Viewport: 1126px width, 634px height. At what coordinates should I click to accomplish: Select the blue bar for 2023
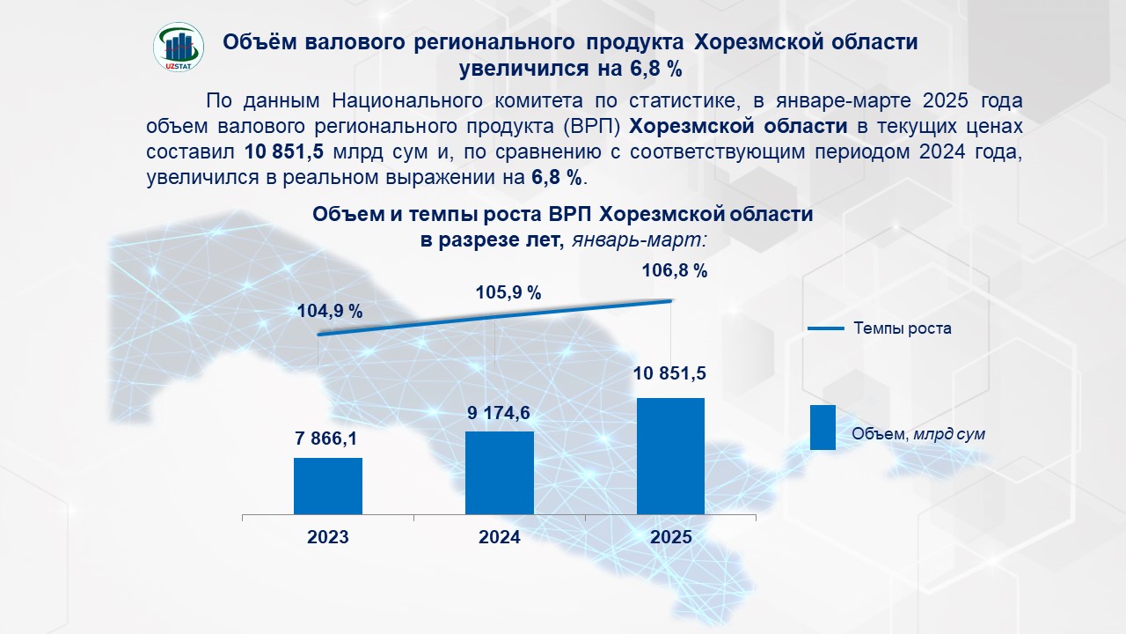point(328,485)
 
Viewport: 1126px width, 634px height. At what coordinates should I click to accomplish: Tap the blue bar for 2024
point(500,472)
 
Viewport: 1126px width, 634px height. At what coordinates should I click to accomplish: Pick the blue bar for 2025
point(671,455)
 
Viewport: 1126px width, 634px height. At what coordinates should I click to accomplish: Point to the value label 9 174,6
point(498,411)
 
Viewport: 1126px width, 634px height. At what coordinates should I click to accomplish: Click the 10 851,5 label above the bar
point(670,373)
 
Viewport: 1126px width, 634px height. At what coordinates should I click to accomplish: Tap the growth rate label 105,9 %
point(508,292)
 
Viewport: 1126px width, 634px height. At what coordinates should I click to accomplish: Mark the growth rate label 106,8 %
point(676,271)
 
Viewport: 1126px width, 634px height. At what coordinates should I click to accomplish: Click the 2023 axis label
point(328,537)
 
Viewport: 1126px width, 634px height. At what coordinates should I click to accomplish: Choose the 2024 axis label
point(500,537)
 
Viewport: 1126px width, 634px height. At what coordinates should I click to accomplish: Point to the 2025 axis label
point(671,537)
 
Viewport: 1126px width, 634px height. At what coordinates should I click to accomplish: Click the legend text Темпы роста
point(902,328)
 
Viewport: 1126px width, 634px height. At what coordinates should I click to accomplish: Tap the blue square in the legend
point(823,427)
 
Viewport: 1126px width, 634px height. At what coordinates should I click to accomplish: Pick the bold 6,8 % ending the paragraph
point(557,177)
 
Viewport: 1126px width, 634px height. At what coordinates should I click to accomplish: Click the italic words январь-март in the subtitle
point(640,239)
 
